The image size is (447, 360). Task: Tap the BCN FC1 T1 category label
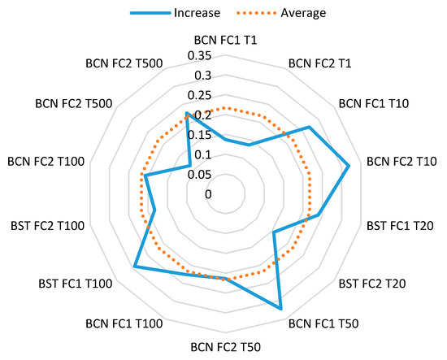226,39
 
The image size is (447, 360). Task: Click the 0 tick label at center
208,194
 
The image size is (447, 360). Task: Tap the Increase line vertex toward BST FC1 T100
135,267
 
